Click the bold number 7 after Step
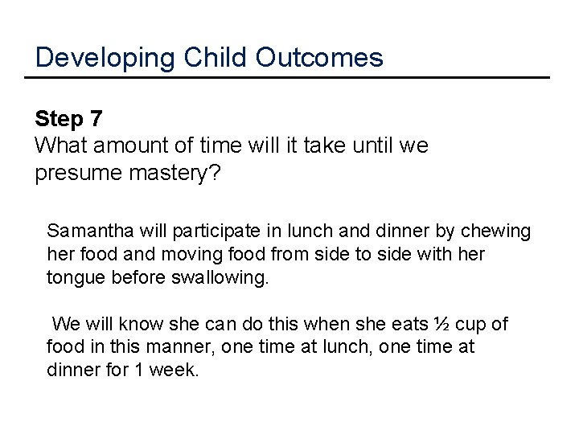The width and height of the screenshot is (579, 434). pyautogui.click(x=96, y=120)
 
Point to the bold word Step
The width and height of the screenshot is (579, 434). pyautogui.click(x=59, y=120)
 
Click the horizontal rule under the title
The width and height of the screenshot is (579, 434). pyautogui.click(x=288, y=78)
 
